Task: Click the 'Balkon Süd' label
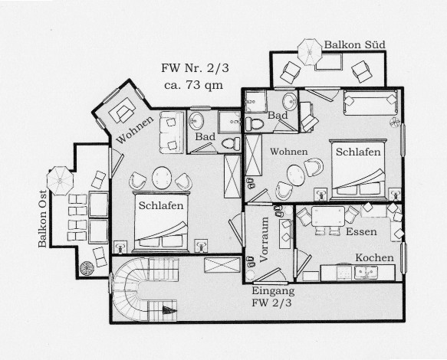355,44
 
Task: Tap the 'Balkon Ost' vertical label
42,218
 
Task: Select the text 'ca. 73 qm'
193,85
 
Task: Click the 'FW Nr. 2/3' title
195,68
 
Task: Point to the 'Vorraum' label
264,239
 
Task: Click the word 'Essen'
361,231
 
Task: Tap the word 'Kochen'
374,258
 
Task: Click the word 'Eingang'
273,291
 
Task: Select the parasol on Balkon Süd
310,52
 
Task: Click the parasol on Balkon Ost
60,181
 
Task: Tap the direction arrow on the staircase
169,309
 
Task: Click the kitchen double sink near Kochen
366,273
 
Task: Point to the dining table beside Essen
328,217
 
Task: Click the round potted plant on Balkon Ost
87,268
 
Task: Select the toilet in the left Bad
232,143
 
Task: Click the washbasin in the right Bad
290,101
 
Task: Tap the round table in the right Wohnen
296,175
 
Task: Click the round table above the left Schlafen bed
162,178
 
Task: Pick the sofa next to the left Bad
172,133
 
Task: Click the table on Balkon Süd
329,62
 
